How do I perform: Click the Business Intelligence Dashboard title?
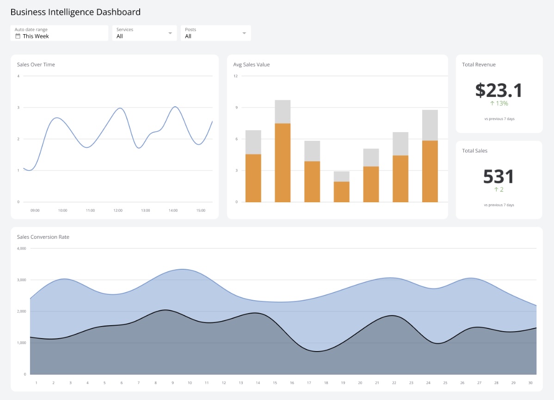click(x=75, y=12)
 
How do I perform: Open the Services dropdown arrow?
click(x=170, y=33)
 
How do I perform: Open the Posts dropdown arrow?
click(x=244, y=33)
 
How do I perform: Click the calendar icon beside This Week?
click(x=18, y=36)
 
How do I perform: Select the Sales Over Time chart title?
click(x=36, y=65)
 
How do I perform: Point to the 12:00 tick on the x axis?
click(x=118, y=210)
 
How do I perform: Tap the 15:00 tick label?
click(x=201, y=210)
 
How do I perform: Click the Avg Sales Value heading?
click(x=252, y=65)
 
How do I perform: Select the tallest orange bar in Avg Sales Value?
click(x=283, y=163)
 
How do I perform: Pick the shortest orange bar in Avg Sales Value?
click(x=342, y=192)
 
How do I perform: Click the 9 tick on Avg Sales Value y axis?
click(x=235, y=108)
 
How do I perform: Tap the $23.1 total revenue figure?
click(x=499, y=90)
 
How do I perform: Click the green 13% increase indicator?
click(x=499, y=103)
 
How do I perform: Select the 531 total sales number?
click(x=499, y=176)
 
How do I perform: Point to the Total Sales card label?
click(x=474, y=151)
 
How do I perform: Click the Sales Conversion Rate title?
click(x=43, y=237)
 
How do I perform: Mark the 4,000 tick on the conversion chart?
click(x=22, y=248)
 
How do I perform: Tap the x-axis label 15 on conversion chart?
click(x=275, y=382)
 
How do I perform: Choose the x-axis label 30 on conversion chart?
click(x=530, y=382)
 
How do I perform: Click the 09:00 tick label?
click(x=35, y=210)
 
